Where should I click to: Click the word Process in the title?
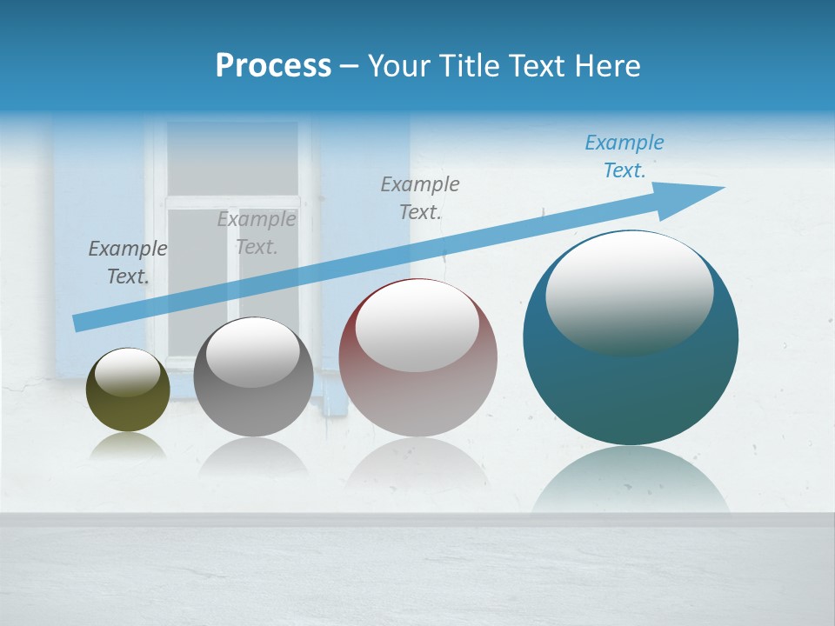click(x=273, y=66)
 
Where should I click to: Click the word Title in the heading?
click(x=471, y=66)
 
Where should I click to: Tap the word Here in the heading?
click(x=607, y=66)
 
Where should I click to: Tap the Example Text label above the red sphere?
click(x=420, y=198)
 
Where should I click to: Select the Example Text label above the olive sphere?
click(x=128, y=263)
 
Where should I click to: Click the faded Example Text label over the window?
click(x=257, y=233)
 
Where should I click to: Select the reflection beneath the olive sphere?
click(x=128, y=447)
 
